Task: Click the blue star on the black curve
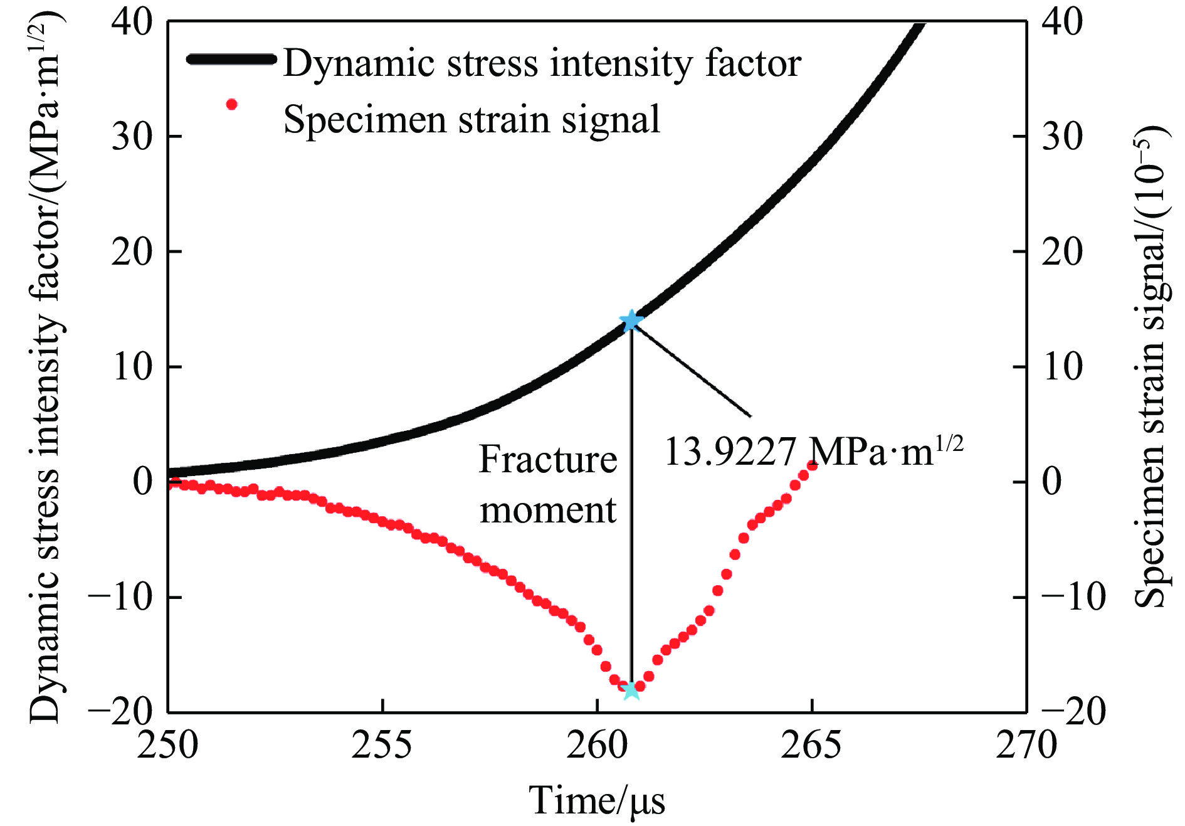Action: pos(631,320)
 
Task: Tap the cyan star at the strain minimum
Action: pos(631,690)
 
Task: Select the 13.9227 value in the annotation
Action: pos(730,452)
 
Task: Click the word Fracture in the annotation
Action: pos(548,460)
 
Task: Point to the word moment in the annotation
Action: pos(548,510)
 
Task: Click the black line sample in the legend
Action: pos(231,60)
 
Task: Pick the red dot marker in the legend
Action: pos(232,105)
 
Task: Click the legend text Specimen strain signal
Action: pos(471,119)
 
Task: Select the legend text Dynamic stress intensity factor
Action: pos(542,63)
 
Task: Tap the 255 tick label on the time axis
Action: pos(382,746)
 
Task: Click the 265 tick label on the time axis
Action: pos(811,746)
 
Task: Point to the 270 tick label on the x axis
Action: pos(1026,746)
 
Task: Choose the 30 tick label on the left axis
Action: pos(132,136)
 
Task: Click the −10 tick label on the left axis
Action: pos(121,597)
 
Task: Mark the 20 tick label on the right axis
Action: pos(1062,252)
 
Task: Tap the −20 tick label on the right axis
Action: pos(1073,712)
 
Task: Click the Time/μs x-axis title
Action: pos(597,801)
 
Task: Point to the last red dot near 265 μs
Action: pos(812,465)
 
